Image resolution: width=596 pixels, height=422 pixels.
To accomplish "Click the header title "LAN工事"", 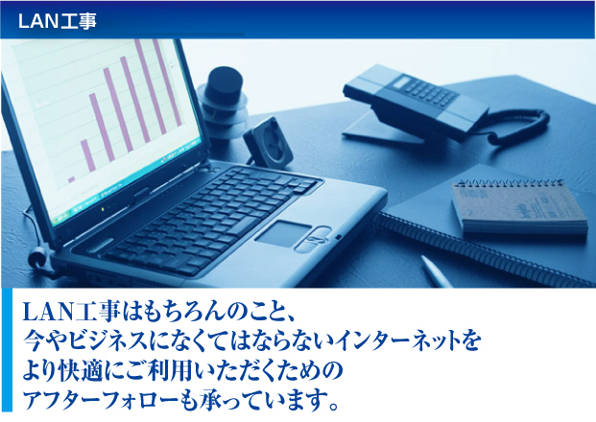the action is tap(57, 21).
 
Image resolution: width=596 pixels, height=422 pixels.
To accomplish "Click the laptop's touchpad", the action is tap(283, 233).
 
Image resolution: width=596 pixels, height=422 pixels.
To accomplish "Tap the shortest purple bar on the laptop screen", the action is tap(71, 179).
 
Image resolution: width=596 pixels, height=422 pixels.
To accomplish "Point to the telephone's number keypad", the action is tap(431, 91).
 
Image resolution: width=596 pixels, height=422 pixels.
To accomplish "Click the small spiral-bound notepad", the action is tap(519, 206).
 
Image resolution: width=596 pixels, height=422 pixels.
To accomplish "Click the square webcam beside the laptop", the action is tap(269, 143).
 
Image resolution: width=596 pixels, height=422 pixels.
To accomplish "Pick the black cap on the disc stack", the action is tap(224, 84).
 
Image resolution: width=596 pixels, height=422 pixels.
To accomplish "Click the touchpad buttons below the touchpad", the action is tap(314, 240).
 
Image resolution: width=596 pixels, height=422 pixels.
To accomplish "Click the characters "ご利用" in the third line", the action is tap(158, 369).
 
